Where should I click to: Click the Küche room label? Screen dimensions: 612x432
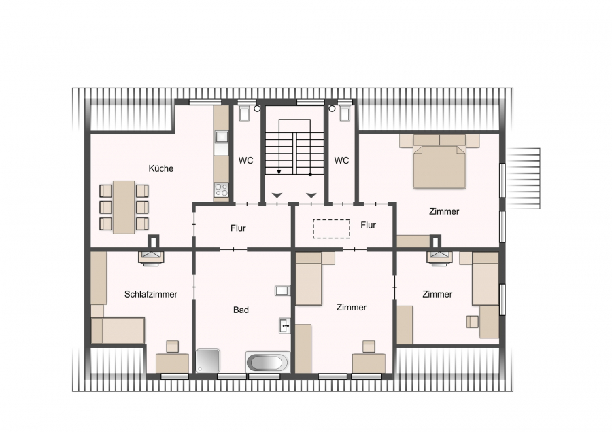pos(160,168)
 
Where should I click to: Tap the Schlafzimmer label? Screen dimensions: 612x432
pos(151,294)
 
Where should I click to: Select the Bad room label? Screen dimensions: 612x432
pos(241,310)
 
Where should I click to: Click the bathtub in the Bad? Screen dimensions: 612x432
pos(268,362)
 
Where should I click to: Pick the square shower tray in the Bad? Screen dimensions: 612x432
pos(207,361)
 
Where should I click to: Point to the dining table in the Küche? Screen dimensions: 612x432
pos(124,207)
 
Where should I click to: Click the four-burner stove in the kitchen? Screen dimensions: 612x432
pos(221,190)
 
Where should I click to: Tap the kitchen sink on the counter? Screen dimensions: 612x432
pos(222,137)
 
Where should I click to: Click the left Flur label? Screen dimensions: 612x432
pos(238,228)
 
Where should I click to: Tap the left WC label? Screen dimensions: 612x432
pos(246,160)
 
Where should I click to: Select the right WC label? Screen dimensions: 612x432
pos(341,160)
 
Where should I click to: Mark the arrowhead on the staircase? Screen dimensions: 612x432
pos(279,172)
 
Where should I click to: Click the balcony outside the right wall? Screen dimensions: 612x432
pos(523,179)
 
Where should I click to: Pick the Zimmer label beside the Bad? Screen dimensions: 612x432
pos(352,307)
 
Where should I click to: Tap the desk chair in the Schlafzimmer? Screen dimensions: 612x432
pos(172,346)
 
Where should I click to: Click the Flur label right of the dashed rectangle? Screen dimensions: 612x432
pos(369,225)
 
